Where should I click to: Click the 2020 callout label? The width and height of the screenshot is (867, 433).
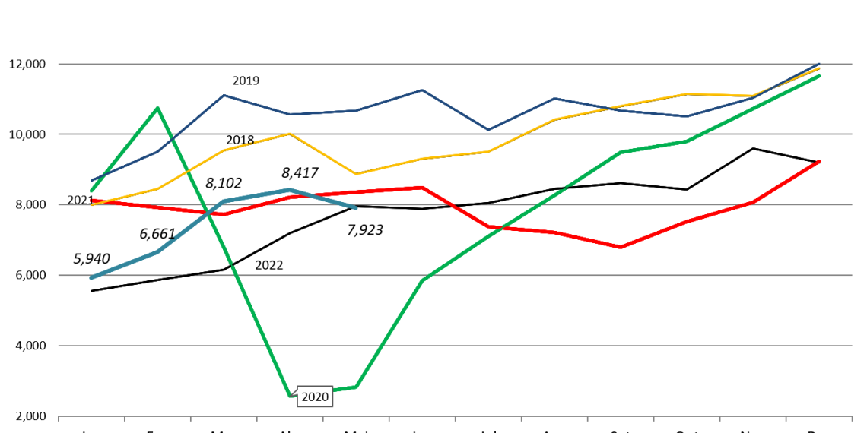pos(315,397)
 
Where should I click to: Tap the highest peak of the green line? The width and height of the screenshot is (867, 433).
pos(157,108)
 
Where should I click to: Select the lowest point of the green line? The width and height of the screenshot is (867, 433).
pos(290,395)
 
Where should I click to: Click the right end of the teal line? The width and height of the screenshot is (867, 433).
pos(355,207)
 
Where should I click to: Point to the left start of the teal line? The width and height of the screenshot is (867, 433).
pos(91,277)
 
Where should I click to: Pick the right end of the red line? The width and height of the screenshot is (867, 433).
pos(819,161)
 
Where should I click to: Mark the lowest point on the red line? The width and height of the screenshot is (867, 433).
pos(621,247)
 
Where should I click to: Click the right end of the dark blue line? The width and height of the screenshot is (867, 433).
pos(819,64)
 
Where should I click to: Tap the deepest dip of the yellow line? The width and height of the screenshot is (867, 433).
pos(356,174)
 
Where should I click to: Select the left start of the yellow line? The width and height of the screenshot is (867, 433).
pos(92,205)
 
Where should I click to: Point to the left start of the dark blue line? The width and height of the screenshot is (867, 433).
pos(92,180)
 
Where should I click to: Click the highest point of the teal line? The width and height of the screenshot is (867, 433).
pos(290,189)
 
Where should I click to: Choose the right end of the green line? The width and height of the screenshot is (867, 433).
pos(819,76)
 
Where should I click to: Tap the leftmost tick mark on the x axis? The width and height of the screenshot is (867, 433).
pos(59,418)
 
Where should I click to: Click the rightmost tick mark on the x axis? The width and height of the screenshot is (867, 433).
pos(851,418)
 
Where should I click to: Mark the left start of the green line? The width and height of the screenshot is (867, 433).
pos(91,191)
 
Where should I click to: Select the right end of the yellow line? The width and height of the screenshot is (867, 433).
pos(819,68)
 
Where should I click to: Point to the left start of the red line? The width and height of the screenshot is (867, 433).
pos(91,200)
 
